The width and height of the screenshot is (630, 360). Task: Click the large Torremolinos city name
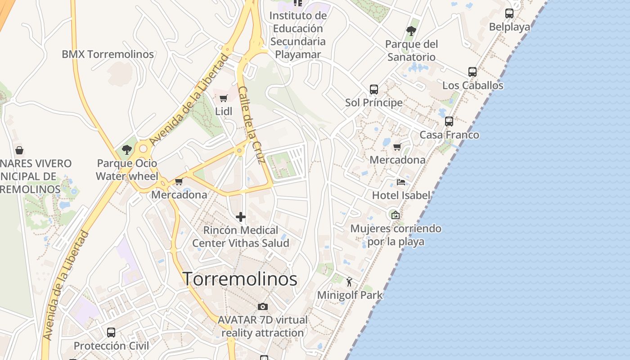tap(240, 279)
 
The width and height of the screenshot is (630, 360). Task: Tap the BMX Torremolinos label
tap(108, 54)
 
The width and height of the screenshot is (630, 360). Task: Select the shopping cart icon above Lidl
tap(224, 98)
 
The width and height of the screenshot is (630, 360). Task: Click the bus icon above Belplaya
tap(509, 13)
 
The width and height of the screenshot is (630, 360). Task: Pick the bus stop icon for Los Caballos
tap(472, 72)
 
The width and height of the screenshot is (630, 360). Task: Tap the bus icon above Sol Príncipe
tap(374, 89)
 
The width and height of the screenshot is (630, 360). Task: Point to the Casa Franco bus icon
tap(449, 121)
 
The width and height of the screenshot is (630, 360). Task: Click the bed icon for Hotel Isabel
tap(401, 182)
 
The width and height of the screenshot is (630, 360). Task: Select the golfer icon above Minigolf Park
tap(350, 282)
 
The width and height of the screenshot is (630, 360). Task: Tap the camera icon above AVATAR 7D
tap(263, 307)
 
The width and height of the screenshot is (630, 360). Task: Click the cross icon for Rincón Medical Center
tap(241, 217)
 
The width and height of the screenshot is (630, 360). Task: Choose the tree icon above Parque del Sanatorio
tap(411, 31)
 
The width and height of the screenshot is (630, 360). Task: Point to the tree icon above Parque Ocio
tap(127, 150)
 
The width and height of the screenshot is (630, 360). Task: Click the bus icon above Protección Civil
tap(111, 333)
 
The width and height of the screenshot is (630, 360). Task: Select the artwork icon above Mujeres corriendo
tap(396, 215)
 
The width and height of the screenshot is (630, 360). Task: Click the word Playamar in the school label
tap(298, 55)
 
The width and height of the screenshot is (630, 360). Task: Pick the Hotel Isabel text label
tap(401, 195)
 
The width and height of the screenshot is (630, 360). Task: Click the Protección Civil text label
tap(111, 346)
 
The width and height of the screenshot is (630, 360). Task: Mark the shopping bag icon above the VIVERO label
tap(19, 150)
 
